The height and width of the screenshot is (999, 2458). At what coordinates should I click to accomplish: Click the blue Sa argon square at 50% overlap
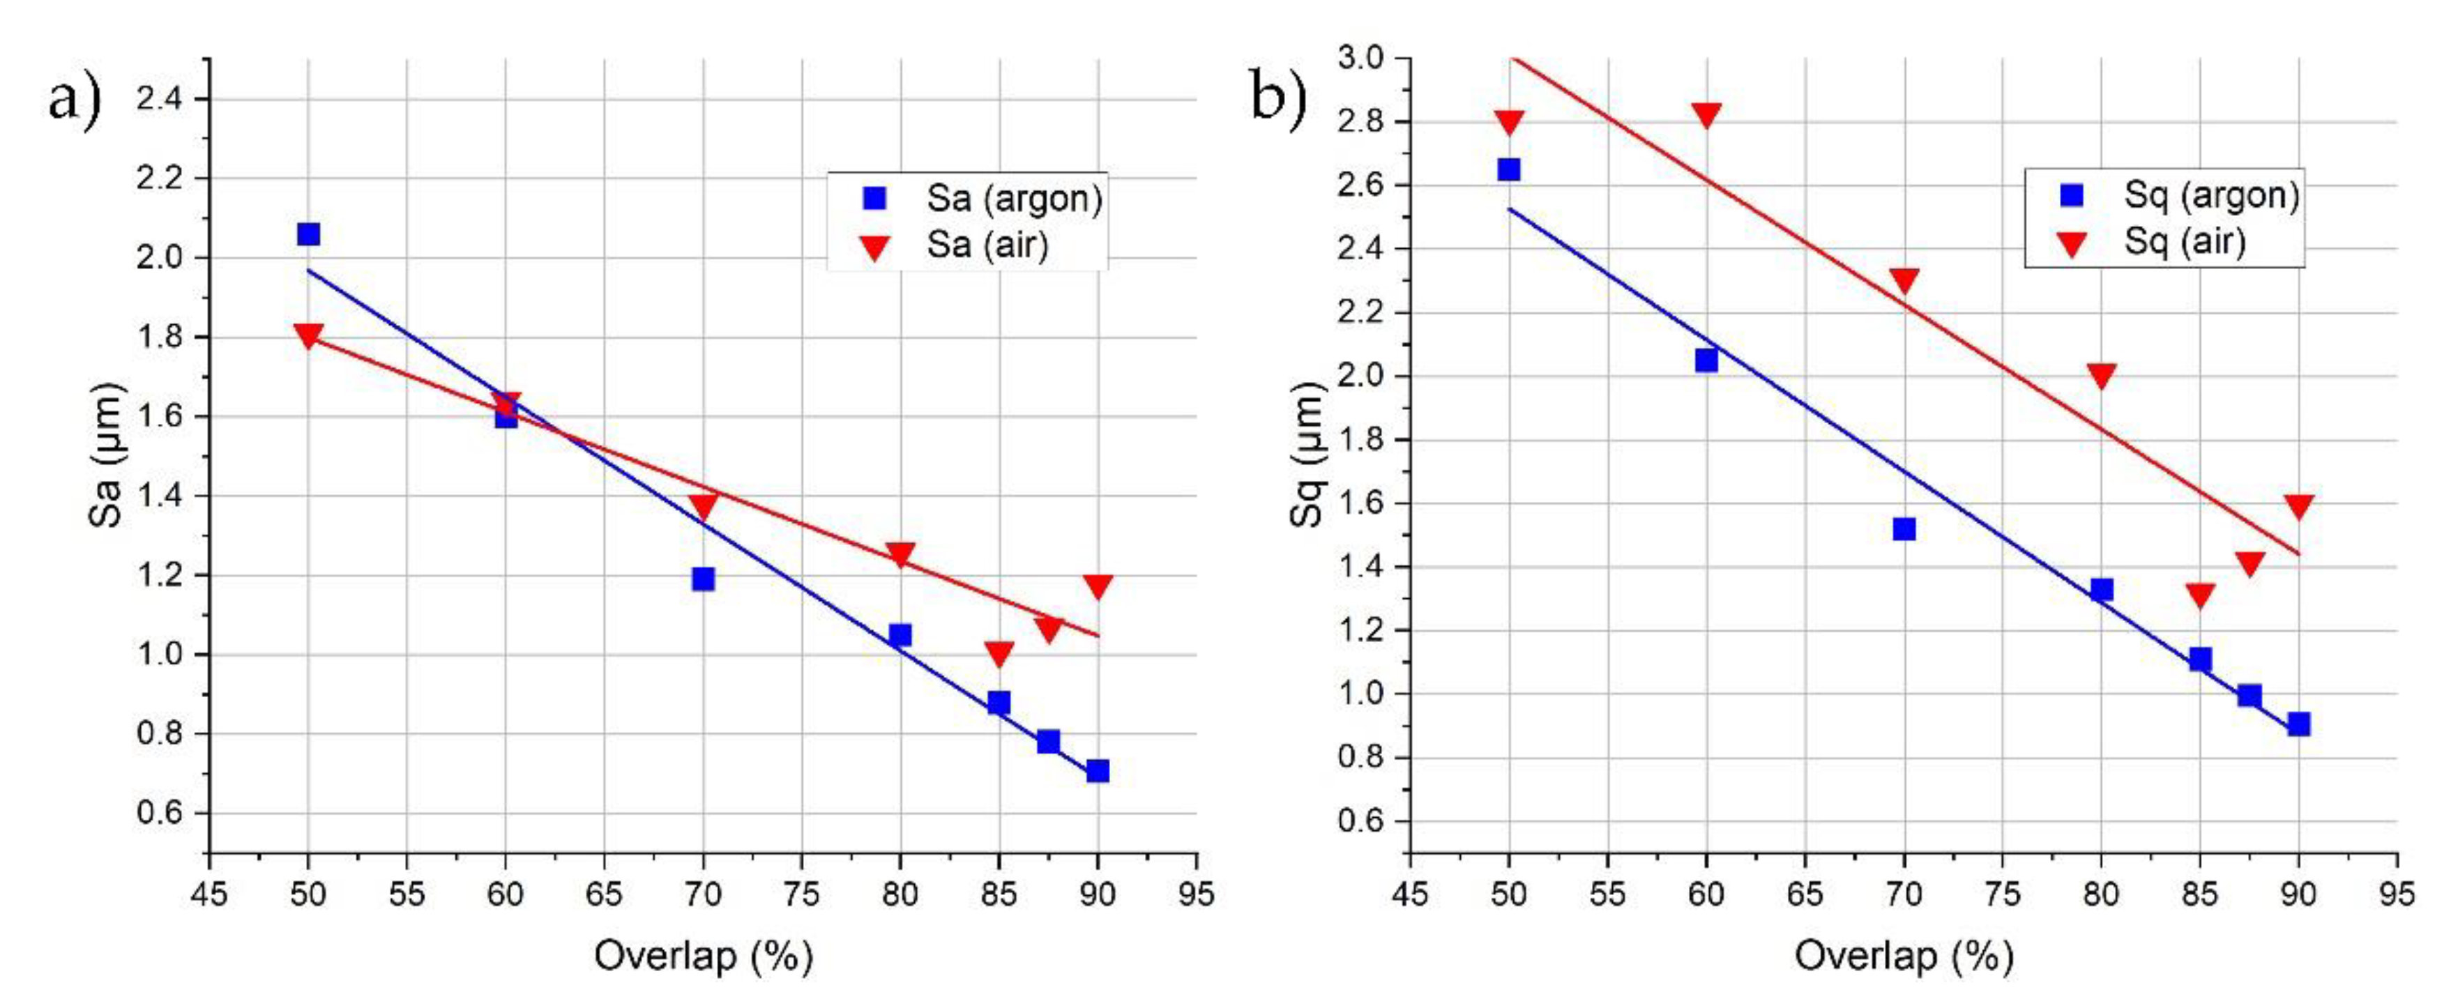(x=308, y=234)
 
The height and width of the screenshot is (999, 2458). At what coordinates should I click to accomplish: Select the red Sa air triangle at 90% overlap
(x=1098, y=586)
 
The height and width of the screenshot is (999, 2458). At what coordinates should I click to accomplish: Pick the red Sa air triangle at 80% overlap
(x=900, y=554)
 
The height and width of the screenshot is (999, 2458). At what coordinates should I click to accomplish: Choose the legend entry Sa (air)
(x=987, y=245)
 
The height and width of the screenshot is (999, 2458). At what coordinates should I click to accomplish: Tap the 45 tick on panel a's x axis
(x=210, y=894)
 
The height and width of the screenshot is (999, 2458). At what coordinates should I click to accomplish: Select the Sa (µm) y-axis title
(x=106, y=455)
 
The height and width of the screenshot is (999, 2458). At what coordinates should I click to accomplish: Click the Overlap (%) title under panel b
(x=1904, y=955)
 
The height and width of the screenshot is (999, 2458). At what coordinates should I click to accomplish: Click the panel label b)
(x=1277, y=98)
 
